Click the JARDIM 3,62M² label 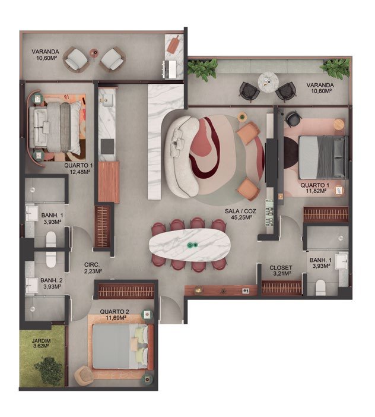click(x=41, y=343)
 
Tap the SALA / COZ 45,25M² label click(x=240, y=214)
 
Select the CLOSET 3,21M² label click(x=281, y=270)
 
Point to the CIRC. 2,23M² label click(x=92, y=268)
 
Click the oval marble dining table click(x=189, y=245)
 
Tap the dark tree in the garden click(x=49, y=371)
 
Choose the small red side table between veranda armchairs click(x=94, y=53)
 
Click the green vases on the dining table click(x=193, y=245)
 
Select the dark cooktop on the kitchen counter click(x=107, y=147)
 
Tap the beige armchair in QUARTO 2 click(x=84, y=375)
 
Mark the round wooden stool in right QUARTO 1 click(x=339, y=125)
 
